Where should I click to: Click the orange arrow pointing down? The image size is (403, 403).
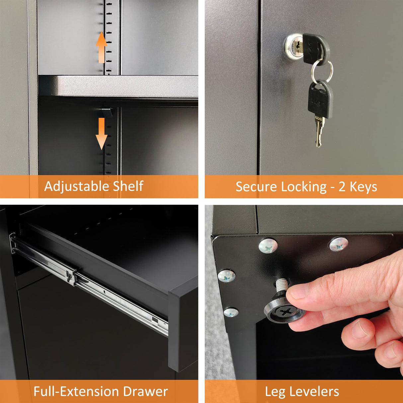pyautogui.click(x=102, y=134)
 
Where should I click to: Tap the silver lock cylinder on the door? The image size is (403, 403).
pyautogui.click(x=293, y=46)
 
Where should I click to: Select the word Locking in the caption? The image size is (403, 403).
pyautogui.click(x=304, y=187)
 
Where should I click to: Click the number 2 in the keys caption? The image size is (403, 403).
pyautogui.click(x=342, y=187)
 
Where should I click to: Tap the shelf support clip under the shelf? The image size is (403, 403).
pyautogui.click(x=107, y=112)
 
